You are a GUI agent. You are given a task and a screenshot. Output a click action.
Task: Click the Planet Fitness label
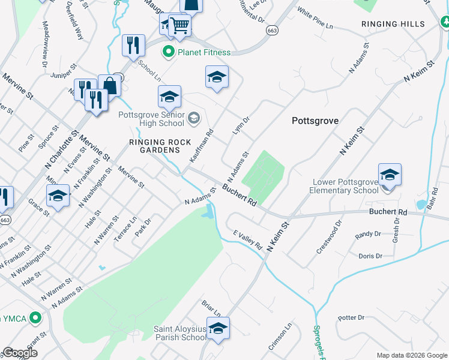click(203, 52)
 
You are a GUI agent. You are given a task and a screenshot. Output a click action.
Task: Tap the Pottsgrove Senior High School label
click(151, 119)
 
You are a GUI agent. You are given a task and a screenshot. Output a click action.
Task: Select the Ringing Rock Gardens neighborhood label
click(160, 146)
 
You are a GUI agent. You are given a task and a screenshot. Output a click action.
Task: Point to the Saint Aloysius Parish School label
click(179, 333)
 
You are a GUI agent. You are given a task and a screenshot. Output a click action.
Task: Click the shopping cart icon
click(180, 25)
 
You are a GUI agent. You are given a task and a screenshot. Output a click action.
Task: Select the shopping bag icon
click(110, 85)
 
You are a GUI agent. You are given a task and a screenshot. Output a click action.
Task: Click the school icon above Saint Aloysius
click(218, 328)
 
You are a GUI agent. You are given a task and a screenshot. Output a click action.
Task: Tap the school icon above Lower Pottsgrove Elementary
click(389, 175)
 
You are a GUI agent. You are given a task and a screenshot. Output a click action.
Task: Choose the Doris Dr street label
click(370, 256)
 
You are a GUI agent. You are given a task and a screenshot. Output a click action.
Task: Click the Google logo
click(20, 353)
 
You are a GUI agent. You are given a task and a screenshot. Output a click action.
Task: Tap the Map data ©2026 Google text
click(411, 355)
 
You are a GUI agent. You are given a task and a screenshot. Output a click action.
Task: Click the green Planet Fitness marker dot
click(169, 52)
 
